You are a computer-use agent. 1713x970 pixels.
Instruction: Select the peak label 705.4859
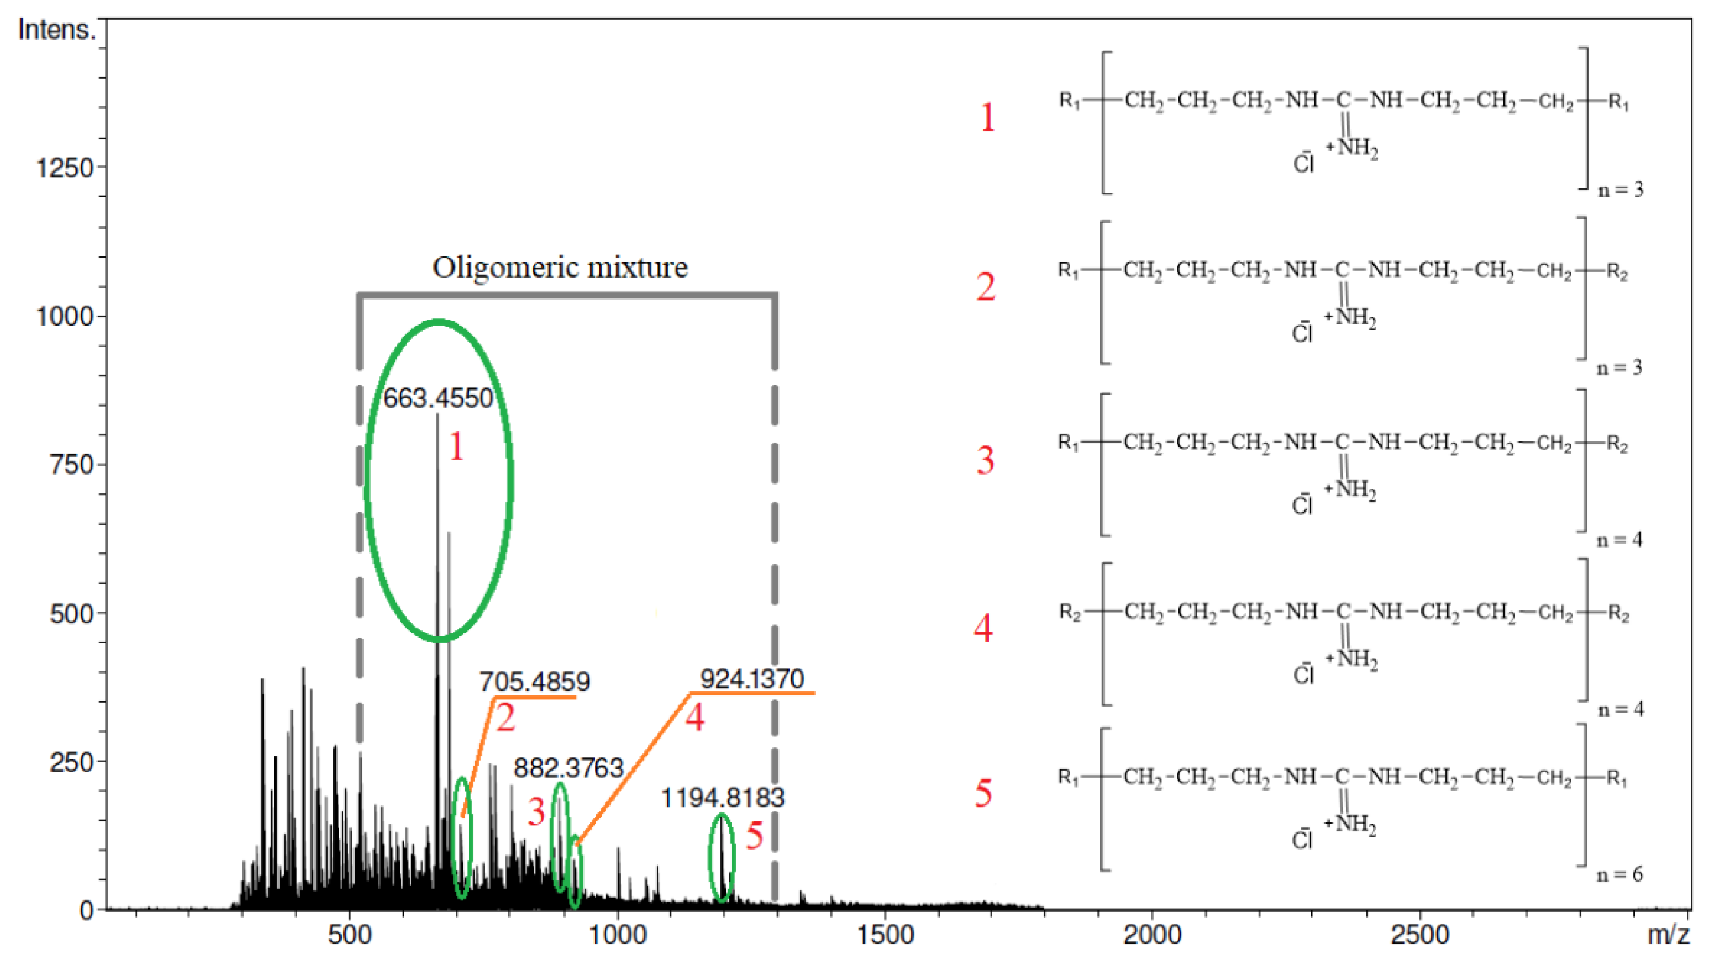pyautogui.click(x=534, y=681)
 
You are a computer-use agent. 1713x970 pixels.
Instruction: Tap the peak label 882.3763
pyautogui.click(x=568, y=767)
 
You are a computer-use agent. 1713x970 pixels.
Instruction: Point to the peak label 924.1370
pyautogui.click(x=752, y=678)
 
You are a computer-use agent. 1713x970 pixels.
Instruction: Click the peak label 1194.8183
pyautogui.click(x=722, y=797)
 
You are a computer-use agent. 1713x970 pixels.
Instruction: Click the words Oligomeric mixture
pyautogui.click(x=560, y=267)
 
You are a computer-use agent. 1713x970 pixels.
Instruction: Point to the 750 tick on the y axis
pyautogui.click(x=71, y=465)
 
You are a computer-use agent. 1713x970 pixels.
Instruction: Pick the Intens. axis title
pyautogui.click(x=57, y=30)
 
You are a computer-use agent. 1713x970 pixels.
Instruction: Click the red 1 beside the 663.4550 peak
pyautogui.click(x=456, y=446)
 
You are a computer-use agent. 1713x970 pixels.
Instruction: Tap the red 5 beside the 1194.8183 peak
pyautogui.click(x=754, y=836)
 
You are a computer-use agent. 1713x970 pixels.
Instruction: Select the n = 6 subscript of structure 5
pyautogui.click(x=1619, y=874)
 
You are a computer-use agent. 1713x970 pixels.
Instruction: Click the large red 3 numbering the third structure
pyautogui.click(x=985, y=460)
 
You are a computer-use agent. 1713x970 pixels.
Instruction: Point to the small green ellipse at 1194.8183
pyautogui.click(x=721, y=857)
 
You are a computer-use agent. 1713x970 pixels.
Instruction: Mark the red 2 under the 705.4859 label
pyautogui.click(x=505, y=718)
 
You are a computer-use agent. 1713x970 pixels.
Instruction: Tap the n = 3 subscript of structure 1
pyautogui.click(x=1620, y=190)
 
